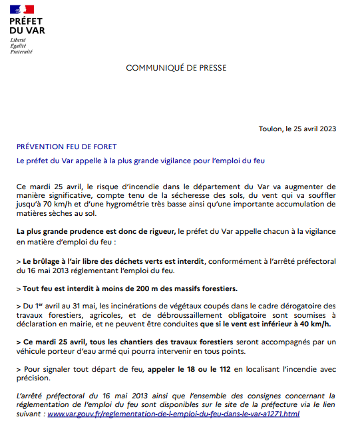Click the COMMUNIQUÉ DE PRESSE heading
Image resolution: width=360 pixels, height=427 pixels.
[176, 68]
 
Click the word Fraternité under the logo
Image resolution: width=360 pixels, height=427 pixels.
[21, 51]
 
